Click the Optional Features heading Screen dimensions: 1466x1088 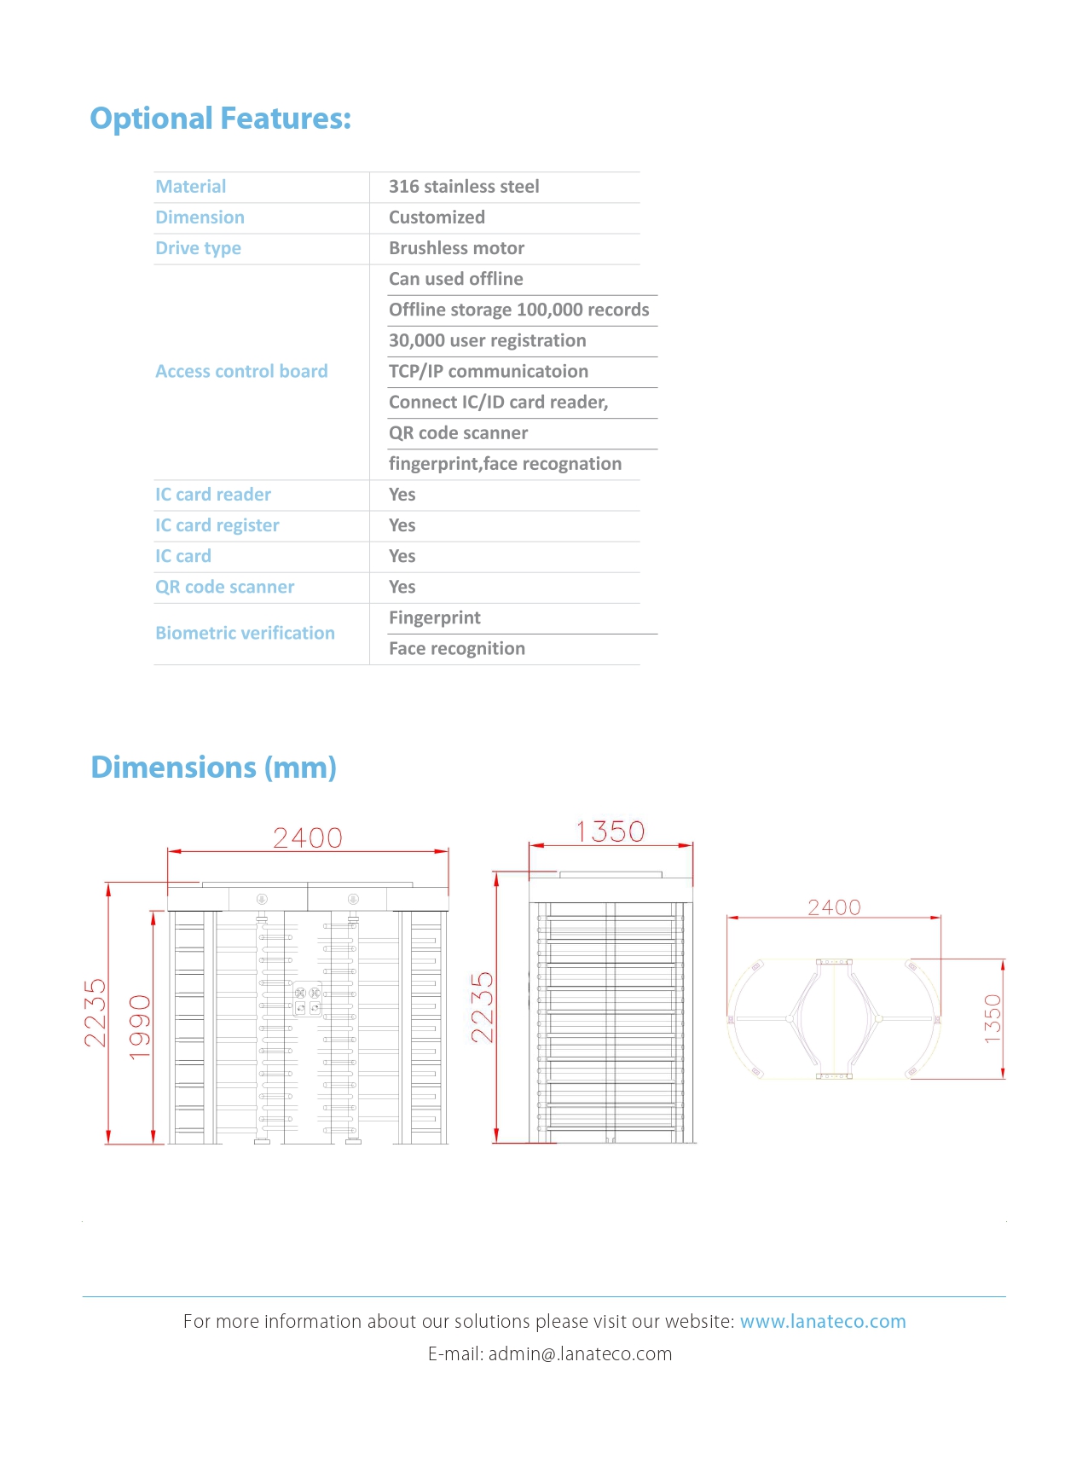click(x=220, y=119)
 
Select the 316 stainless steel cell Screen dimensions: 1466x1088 click(x=464, y=187)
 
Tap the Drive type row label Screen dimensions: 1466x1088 click(x=198, y=248)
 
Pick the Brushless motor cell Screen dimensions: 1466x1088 click(x=456, y=248)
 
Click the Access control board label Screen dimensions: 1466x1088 click(x=241, y=371)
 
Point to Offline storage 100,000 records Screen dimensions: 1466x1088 click(x=518, y=310)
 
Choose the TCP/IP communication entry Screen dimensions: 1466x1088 click(x=488, y=371)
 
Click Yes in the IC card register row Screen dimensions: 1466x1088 click(x=402, y=525)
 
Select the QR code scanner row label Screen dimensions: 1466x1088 click(x=224, y=587)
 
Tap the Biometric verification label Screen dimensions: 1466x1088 click(x=245, y=633)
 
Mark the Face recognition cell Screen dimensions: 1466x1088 click(x=456, y=648)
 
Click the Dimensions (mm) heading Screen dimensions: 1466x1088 click(x=213, y=768)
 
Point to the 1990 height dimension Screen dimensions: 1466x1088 click(x=140, y=1027)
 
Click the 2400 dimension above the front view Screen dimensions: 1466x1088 click(x=308, y=838)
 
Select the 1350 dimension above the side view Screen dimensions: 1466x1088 click(x=611, y=832)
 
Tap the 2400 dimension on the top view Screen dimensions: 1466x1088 click(x=834, y=907)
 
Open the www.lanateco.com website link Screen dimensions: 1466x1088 click(x=822, y=1322)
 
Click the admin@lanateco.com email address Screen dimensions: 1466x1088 click(x=580, y=1354)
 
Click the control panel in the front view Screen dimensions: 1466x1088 click(x=308, y=1000)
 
